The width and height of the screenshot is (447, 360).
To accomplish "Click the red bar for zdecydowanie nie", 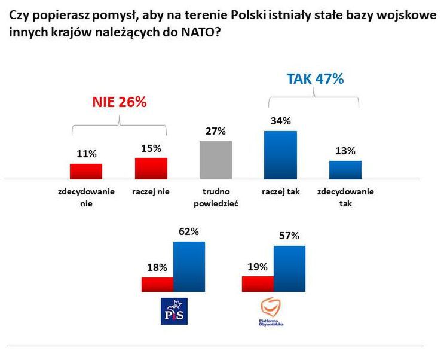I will pos(86,171).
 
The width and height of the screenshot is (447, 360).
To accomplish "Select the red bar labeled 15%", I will pos(151,168).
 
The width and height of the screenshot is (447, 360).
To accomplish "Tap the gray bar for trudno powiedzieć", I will pos(215,160).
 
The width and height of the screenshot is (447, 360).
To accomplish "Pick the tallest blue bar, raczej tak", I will pos(280,154).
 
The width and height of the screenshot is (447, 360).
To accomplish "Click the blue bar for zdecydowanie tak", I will pos(345,169).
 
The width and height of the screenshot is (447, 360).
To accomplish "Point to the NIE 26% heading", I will pos(119,102).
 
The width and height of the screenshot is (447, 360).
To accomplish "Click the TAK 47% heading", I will pos(315,78).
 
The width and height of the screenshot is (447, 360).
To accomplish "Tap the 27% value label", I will pos(216,131).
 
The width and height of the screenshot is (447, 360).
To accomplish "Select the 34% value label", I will pos(280,121).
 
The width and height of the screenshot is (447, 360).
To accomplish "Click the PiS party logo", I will pos(174,311).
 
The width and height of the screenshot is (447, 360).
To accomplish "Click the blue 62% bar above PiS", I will pos(189,267).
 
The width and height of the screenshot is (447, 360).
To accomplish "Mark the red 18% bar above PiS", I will pos(157,285).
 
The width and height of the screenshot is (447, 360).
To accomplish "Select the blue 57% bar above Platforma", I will pos(289,269).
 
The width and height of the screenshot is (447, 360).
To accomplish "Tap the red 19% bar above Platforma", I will pos(258,284).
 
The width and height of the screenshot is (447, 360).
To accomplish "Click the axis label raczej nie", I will pos(151,192).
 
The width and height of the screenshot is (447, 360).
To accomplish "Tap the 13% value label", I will pos(345,151).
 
